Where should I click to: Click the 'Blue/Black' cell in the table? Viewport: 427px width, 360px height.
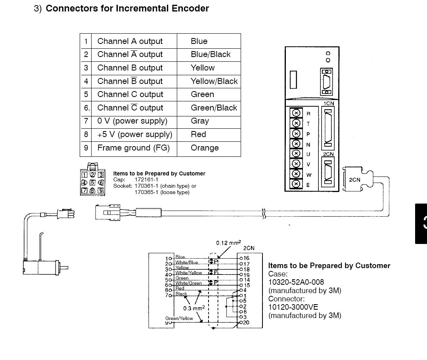pos(211,55)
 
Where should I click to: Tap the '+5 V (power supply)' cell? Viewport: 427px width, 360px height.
pos(134,134)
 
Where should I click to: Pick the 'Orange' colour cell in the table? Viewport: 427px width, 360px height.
pos(205,148)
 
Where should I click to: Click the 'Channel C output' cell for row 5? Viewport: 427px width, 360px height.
pos(130,95)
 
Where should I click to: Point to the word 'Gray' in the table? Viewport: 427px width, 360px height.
pos(200,121)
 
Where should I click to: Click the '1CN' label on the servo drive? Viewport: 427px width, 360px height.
pos(329,103)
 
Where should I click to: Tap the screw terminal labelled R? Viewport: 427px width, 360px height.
pos(295,113)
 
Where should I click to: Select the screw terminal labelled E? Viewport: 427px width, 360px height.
pos(295,184)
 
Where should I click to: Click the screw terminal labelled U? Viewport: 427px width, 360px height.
pos(295,154)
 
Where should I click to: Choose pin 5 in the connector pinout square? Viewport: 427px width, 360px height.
pos(92,183)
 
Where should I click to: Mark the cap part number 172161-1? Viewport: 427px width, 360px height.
pos(146,179)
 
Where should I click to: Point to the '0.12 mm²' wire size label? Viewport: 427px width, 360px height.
pos(228,243)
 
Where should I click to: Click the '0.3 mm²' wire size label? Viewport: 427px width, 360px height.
pos(194,308)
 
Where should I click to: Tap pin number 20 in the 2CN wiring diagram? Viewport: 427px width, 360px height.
pos(246,322)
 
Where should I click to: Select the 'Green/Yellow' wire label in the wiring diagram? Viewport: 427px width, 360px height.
pos(179,318)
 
